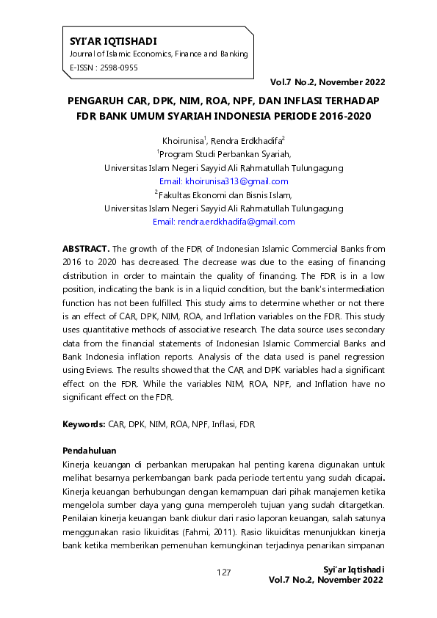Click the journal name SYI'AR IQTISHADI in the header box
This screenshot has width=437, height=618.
point(113,41)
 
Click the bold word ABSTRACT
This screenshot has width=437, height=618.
point(85,250)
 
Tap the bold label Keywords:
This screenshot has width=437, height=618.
point(84,425)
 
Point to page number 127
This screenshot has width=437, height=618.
point(224,572)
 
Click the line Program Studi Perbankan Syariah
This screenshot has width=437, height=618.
point(225,154)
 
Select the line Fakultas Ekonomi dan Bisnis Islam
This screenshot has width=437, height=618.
point(224,195)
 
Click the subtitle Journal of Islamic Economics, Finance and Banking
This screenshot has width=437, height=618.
point(158,54)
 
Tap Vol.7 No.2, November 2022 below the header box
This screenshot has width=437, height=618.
point(327,81)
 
